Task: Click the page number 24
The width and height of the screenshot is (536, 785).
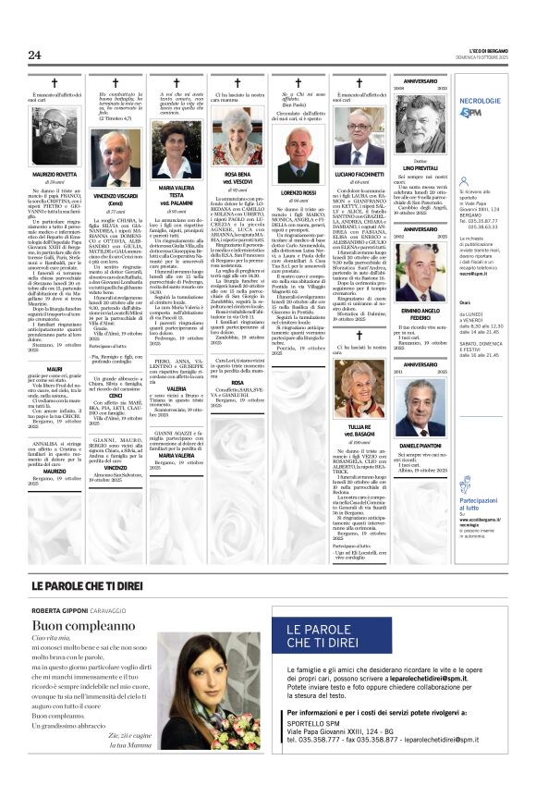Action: pyautogui.click(x=34, y=55)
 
